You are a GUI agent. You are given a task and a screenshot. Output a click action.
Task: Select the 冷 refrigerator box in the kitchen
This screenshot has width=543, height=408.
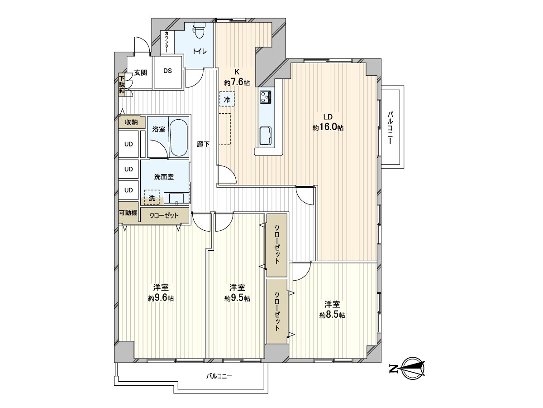pos(227,99)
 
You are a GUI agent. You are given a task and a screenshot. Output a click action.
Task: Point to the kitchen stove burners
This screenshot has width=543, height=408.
pos(265,97)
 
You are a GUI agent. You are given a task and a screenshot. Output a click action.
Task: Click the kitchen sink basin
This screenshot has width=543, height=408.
pos(265,134)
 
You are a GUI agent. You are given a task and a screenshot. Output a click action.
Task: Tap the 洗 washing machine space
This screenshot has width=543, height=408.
pos(152,198)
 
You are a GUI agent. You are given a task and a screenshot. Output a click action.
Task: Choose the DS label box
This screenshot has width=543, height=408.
pos(167,71)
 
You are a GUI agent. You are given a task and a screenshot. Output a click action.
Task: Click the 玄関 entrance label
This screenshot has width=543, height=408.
pos(140,73)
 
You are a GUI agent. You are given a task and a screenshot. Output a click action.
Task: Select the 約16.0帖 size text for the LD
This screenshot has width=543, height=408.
pos(328,128)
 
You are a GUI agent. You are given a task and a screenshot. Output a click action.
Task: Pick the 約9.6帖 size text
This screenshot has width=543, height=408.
pos(161,298)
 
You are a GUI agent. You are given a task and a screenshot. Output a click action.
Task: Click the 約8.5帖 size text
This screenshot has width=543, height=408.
pos(332,315)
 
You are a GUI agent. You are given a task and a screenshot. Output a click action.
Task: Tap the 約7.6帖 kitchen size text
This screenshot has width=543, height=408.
pos(237,82)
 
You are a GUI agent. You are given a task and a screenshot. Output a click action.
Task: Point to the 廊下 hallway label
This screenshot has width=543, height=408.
pos(203,144)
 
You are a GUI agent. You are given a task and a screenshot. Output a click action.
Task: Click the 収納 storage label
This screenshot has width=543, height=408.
pos(131,122)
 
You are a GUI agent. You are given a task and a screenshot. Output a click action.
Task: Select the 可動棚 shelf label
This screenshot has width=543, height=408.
pos(129,213)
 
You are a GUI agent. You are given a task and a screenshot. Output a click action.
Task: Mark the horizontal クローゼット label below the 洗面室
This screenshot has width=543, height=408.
pos(164,215)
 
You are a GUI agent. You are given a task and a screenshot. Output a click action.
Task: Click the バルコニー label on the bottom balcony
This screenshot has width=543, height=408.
pos(219,376)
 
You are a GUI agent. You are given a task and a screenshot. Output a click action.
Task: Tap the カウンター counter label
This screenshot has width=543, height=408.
pos(167,42)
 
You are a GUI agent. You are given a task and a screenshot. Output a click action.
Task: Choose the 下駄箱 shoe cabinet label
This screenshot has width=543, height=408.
pos(122,84)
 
